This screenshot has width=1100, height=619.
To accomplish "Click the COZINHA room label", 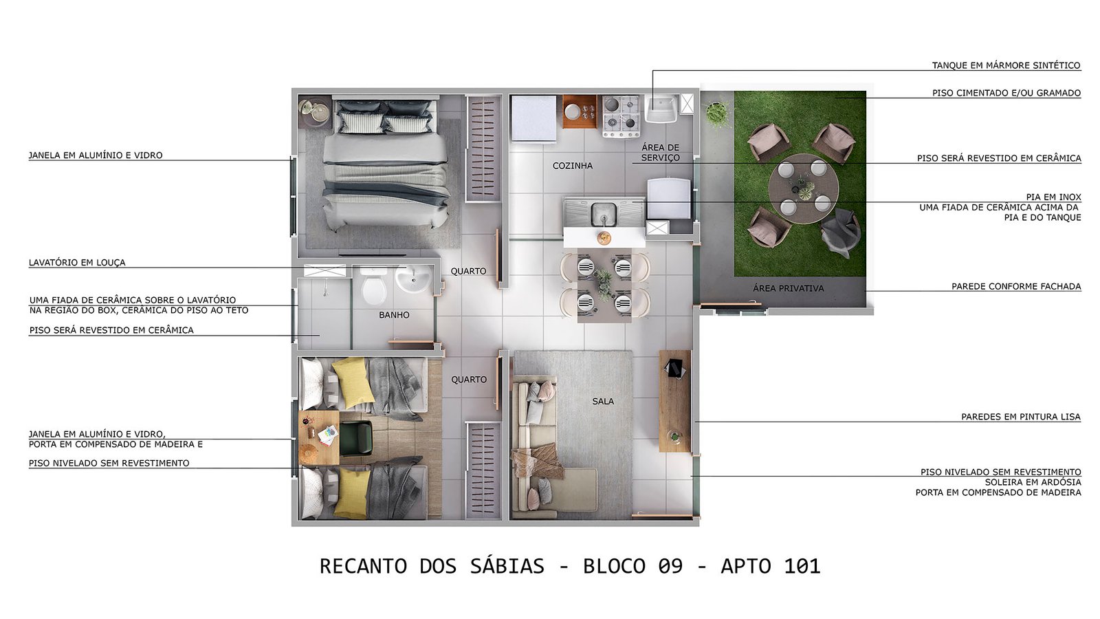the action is [573, 166].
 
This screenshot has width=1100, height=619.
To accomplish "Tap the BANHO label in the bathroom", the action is [394, 315].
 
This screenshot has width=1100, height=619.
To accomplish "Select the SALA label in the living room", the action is [602, 402].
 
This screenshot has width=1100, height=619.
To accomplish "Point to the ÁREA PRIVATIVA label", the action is [788, 288].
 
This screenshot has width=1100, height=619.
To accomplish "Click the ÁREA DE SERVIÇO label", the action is [661, 152].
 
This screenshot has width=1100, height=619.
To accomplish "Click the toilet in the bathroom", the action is [374, 286].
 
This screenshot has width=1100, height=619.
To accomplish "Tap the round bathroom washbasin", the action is [413, 279].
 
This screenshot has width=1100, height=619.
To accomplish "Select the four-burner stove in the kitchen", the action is [621, 116].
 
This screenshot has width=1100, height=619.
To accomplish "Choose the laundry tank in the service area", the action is [661, 109].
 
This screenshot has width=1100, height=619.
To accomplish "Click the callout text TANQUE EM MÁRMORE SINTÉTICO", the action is [1006, 65].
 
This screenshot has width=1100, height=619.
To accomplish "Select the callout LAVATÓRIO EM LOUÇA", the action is [77, 262].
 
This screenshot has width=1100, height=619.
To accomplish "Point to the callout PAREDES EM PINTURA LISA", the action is [1021, 417].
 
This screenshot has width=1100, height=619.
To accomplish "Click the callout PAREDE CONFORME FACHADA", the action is [1016, 286].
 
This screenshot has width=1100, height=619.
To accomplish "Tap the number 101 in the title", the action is [802, 566].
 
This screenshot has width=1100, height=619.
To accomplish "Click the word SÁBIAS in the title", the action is [507, 565].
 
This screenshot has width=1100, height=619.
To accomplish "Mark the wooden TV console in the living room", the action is [674, 401].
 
